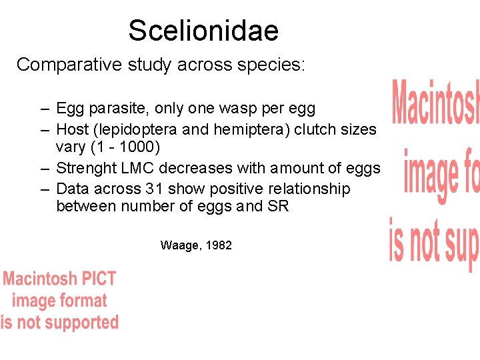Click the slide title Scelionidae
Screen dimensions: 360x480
coord(203,30)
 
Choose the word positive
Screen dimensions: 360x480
coord(233,189)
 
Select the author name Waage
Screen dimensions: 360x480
coord(180,245)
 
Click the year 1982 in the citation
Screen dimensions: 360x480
coord(219,245)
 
